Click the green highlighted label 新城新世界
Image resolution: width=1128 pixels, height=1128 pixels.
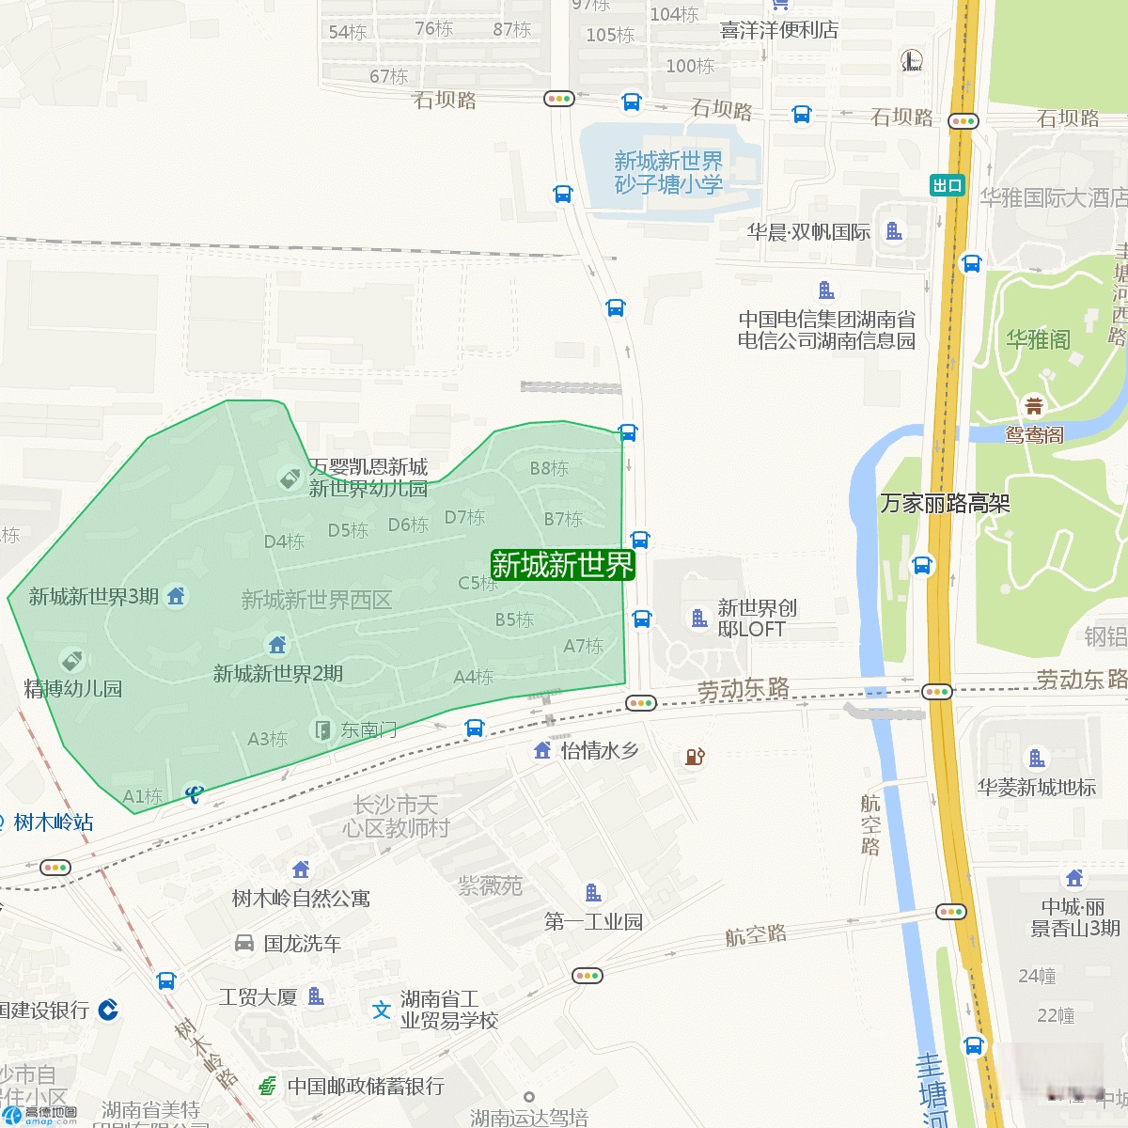point(562,565)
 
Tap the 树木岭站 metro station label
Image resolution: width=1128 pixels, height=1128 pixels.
point(54,822)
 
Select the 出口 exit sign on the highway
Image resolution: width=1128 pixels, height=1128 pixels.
point(948,185)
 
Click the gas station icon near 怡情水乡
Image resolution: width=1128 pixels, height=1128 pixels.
point(695,756)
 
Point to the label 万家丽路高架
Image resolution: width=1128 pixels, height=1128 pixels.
point(945,504)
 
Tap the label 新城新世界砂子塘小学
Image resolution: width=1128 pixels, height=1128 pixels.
point(668,173)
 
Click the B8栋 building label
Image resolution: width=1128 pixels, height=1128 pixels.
point(549,468)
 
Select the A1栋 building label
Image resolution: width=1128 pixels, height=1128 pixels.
point(143,797)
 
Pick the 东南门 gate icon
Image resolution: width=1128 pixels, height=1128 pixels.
point(322,730)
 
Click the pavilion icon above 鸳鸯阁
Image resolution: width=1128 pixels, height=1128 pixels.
point(1034,406)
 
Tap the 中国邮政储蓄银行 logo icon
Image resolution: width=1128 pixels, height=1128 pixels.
point(268,1086)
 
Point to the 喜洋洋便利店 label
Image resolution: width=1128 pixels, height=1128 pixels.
point(779,31)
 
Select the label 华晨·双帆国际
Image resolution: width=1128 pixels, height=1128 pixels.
point(808,232)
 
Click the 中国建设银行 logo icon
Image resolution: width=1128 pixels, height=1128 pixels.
point(108,1010)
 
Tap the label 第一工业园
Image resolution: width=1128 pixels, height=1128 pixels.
point(593,922)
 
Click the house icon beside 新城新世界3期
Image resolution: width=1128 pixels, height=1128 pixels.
point(176,596)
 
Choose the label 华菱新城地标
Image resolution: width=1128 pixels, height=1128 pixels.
point(1036,788)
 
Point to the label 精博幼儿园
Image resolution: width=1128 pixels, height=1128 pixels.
point(73,689)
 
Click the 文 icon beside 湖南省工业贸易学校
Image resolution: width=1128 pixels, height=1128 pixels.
point(381,1010)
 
